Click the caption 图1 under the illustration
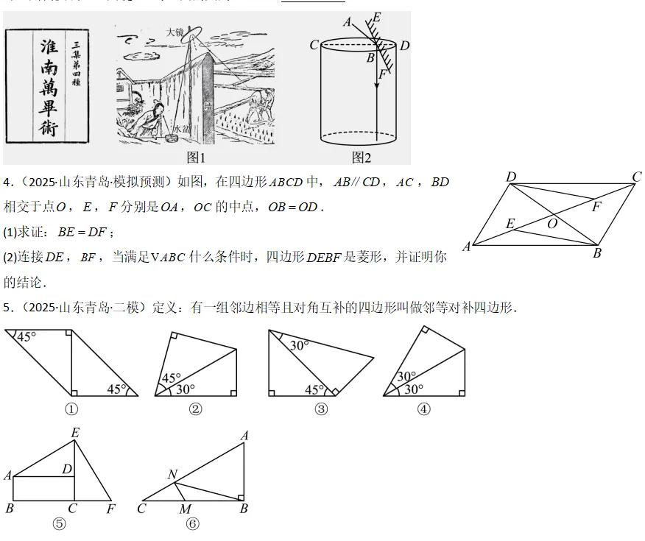click(197, 158)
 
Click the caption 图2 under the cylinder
click(362, 158)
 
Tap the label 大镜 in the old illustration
click(175, 32)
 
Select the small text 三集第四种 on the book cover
click(76, 63)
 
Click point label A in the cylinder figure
click(348, 21)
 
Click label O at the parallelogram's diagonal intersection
click(552, 224)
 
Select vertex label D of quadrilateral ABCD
click(511, 177)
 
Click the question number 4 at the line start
click(7, 183)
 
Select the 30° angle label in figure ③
click(298, 344)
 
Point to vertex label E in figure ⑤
click(74, 432)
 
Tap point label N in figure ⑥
click(172, 475)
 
